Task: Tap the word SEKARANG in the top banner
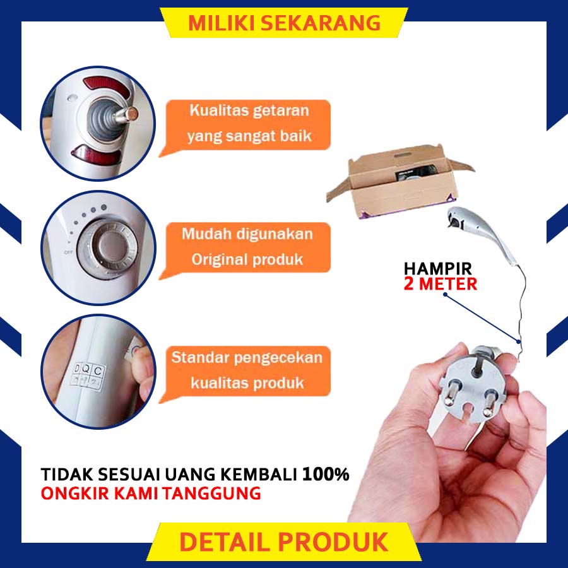(x=321, y=23)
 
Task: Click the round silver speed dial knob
(x=107, y=249)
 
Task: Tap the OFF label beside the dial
(x=68, y=252)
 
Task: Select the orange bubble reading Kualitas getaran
(x=246, y=125)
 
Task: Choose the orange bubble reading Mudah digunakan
(x=246, y=248)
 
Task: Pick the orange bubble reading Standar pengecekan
(x=246, y=372)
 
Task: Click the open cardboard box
(x=398, y=181)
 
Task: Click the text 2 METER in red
(x=440, y=284)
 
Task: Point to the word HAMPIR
(x=437, y=269)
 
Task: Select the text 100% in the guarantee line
(x=326, y=474)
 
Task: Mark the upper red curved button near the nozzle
(x=107, y=86)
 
